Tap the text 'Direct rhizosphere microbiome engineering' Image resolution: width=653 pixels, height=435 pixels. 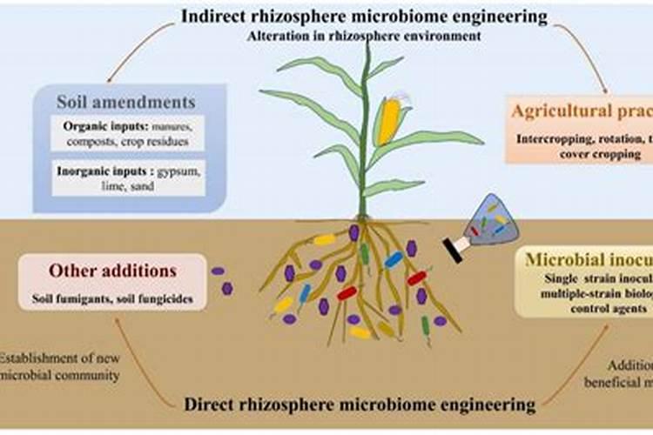point(360,404)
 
